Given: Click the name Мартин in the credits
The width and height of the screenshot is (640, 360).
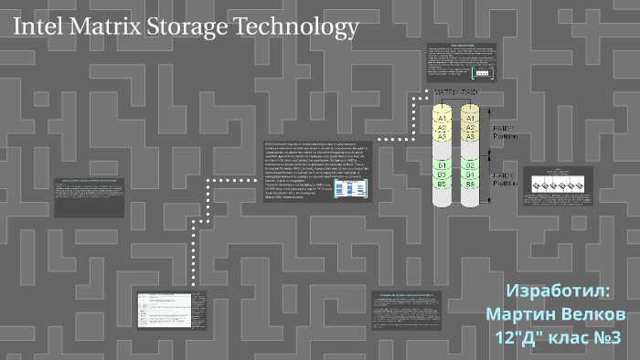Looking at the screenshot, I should click(518, 314).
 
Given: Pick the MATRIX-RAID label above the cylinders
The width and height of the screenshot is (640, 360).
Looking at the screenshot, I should click(456, 92).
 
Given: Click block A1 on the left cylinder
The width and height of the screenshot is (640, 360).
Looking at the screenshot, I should click(443, 119).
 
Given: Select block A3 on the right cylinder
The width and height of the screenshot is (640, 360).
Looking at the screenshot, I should click(471, 136).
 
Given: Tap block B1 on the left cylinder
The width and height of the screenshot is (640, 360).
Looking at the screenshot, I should click(443, 165).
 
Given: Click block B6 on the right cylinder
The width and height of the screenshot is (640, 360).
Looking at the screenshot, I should click(471, 184).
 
